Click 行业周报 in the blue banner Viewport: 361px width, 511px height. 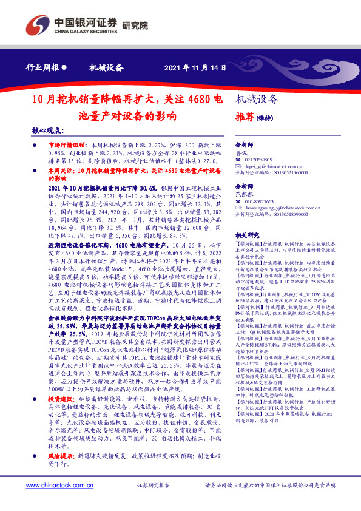43,68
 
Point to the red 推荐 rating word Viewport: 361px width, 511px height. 242,118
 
